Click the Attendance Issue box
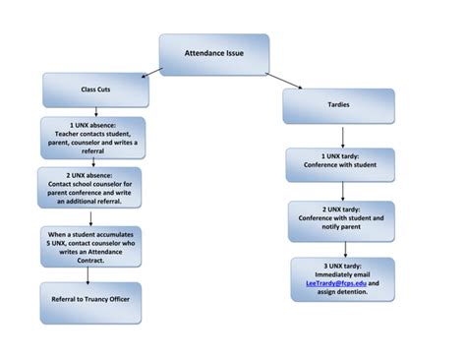[x=214, y=54]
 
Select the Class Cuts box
[x=95, y=90]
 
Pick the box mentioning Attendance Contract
[x=91, y=244]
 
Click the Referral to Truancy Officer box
[x=91, y=301]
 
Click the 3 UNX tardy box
[x=341, y=279]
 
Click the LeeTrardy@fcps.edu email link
[x=332, y=283]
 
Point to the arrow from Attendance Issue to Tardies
[x=286, y=81]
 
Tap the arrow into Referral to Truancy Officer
[x=91, y=274]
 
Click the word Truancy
[x=105, y=301]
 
